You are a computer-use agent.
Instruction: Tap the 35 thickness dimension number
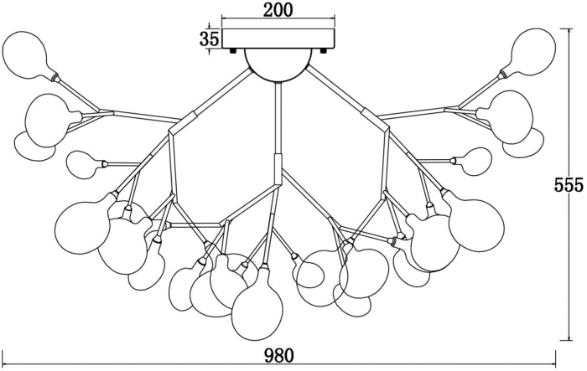click(210, 39)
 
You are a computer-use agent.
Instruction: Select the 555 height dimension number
click(569, 185)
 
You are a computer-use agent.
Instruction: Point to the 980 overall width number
click(279, 355)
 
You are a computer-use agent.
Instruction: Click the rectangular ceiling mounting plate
click(278, 39)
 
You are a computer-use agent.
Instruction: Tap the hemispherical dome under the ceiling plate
click(278, 64)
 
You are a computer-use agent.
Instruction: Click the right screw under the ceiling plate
click(325, 50)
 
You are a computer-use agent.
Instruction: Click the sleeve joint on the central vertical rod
click(278, 167)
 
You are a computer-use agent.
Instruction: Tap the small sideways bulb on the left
click(84, 164)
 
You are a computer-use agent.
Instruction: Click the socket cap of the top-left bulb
click(55, 77)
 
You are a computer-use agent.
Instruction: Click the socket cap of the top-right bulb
click(501, 75)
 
